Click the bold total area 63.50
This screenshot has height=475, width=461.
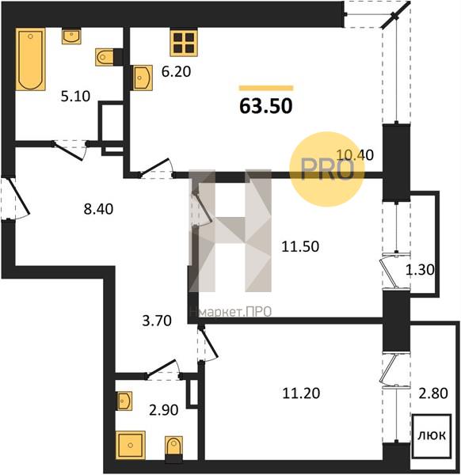point(266,106)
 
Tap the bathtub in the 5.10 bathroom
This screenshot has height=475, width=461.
point(30,59)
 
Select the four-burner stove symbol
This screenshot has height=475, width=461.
point(184,43)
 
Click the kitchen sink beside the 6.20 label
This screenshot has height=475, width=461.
point(143,78)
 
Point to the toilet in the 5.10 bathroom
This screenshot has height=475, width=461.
point(105,57)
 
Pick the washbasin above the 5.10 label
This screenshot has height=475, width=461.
point(71,36)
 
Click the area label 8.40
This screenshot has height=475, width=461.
point(98,209)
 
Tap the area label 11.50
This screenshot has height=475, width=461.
point(300,246)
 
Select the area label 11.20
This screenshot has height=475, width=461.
point(301,393)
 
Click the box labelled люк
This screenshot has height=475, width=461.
point(432,435)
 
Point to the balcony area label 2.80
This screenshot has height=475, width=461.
point(433,393)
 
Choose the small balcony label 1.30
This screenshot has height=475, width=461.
point(420,269)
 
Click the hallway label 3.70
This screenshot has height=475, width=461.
point(157,321)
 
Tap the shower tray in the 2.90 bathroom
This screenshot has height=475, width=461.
point(131,445)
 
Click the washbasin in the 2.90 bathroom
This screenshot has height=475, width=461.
point(124,401)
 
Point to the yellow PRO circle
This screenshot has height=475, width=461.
point(326,169)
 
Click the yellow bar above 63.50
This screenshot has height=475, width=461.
point(266,88)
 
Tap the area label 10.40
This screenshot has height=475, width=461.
point(355,155)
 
